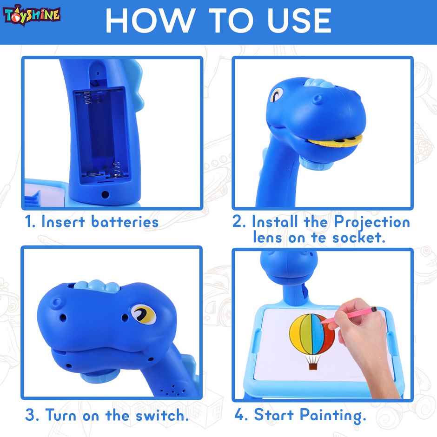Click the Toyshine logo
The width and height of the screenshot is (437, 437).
[x=33, y=14]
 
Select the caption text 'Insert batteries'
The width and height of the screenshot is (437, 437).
[x=100, y=222]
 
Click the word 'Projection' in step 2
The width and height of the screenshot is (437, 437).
[x=372, y=222]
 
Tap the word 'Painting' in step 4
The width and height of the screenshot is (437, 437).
[x=330, y=415]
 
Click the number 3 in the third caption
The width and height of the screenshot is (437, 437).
[x=30, y=415]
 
